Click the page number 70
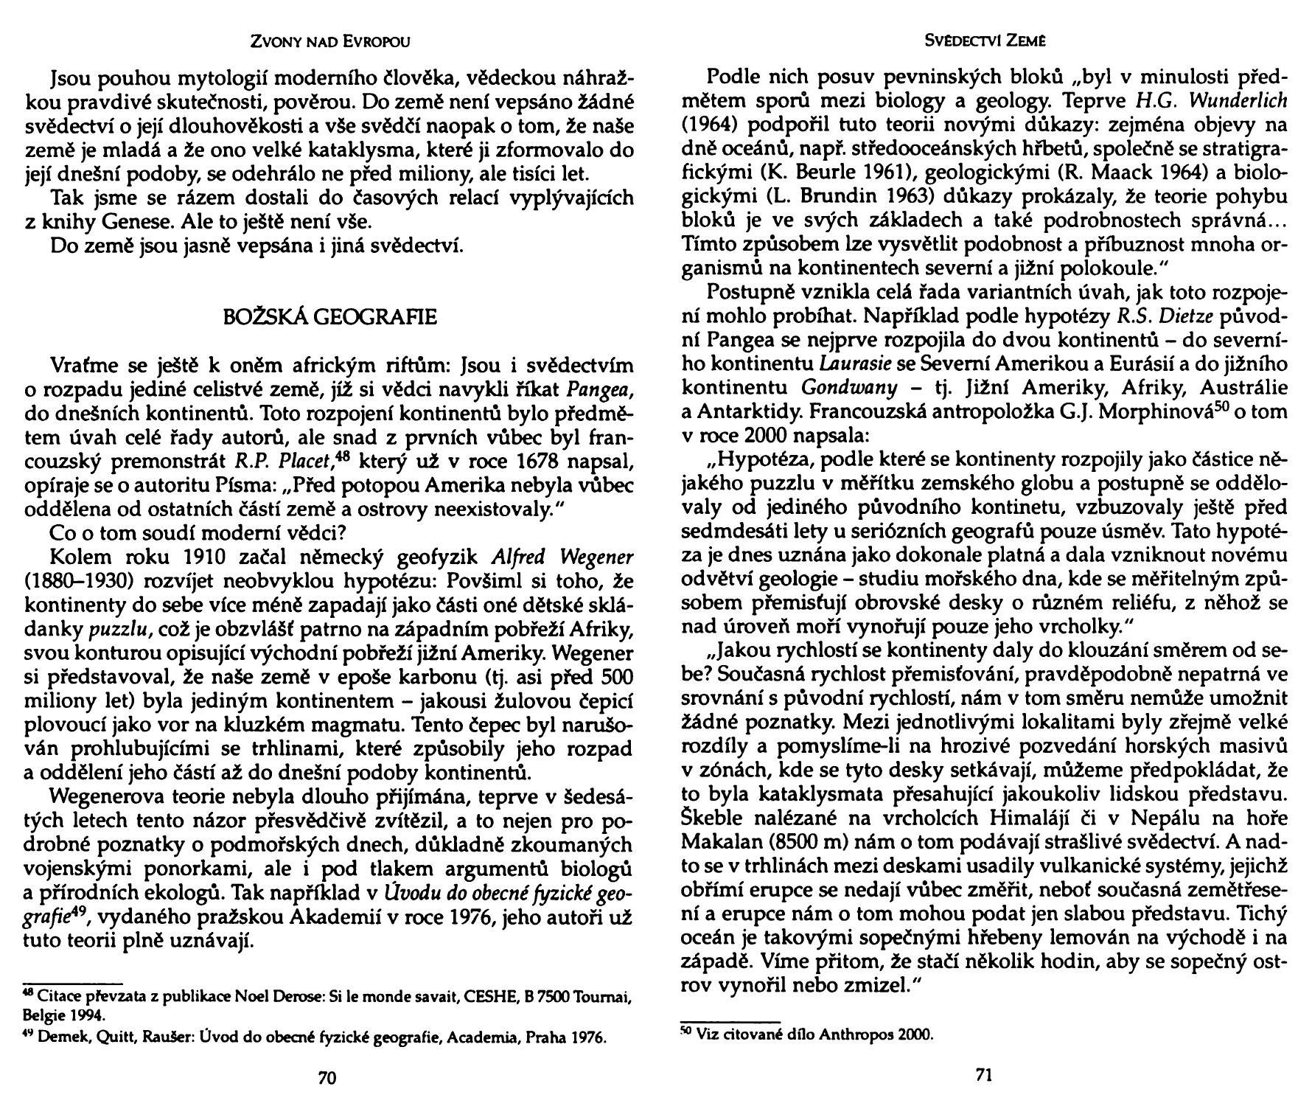[327, 1078]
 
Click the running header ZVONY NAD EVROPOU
[329, 42]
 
